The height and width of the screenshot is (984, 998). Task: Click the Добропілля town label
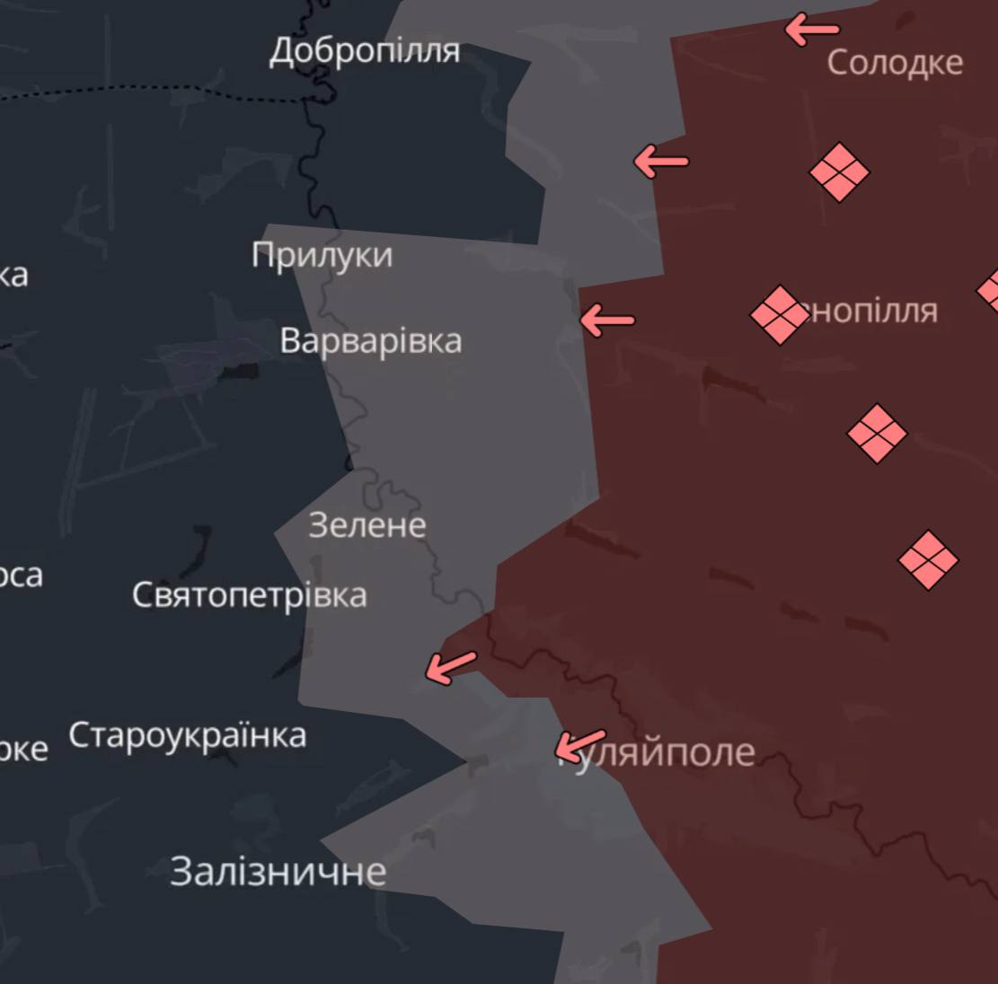pyautogui.click(x=365, y=50)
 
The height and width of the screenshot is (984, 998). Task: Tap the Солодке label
pyautogui.click(x=895, y=62)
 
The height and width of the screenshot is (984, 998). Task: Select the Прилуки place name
pyautogui.click(x=322, y=255)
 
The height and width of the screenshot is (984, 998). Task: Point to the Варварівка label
pyautogui.click(x=370, y=340)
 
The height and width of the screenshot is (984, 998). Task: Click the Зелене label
pyautogui.click(x=367, y=524)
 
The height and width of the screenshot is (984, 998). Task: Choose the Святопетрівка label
pyautogui.click(x=249, y=594)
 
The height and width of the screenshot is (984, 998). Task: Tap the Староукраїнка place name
pyautogui.click(x=187, y=735)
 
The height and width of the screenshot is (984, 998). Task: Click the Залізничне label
pyautogui.click(x=278, y=871)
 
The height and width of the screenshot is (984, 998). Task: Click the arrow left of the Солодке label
pyautogui.click(x=812, y=30)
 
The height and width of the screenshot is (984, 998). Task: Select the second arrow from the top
pyautogui.click(x=661, y=162)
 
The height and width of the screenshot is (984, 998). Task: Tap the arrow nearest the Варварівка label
pyautogui.click(x=607, y=320)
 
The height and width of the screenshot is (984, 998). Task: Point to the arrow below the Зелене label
pyautogui.click(x=450, y=667)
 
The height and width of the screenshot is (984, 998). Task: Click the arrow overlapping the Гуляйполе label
pyautogui.click(x=579, y=744)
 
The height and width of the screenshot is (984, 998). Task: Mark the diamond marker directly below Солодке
pyautogui.click(x=840, y=171)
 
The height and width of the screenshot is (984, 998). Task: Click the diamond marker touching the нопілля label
pyautogui.click(x=779, y=314)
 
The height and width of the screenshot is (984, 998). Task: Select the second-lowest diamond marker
pyautogui.click(x=877, y=434)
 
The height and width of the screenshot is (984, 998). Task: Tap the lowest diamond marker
pyautogui.click(x=928, y=559)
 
